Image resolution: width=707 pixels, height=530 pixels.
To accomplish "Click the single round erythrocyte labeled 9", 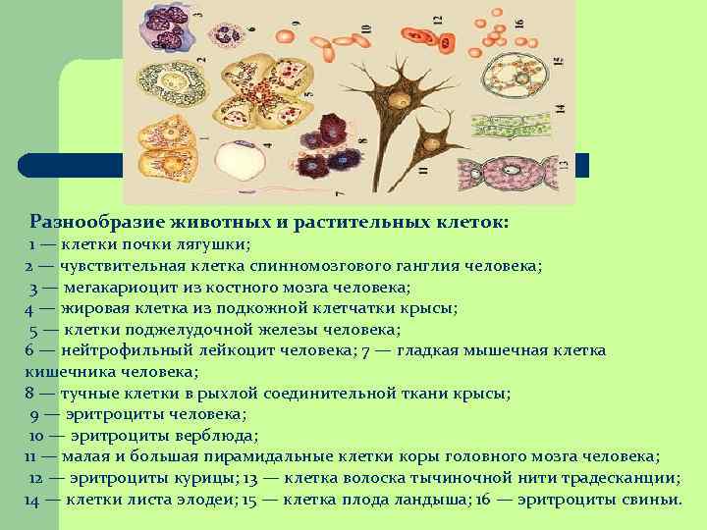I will coord(285,37).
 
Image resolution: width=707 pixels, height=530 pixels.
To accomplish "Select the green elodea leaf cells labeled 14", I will coord(511,125).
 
